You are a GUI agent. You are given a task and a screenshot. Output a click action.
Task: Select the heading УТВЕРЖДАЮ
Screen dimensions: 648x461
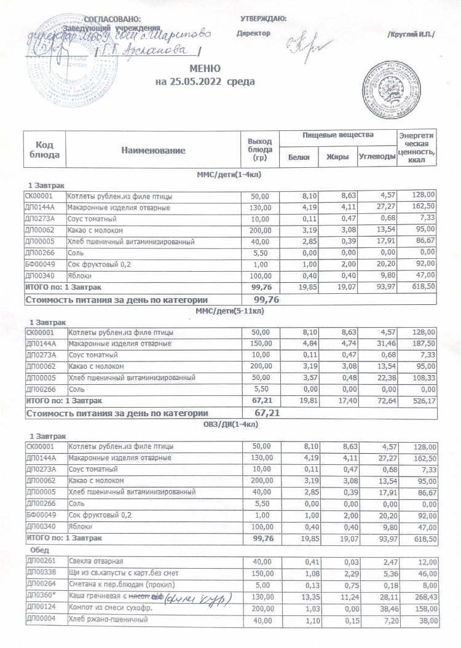point(263,19)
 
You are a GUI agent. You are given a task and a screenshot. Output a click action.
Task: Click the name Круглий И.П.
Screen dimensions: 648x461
point(411,33)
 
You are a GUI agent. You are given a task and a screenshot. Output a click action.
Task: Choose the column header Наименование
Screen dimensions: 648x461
point(153,150)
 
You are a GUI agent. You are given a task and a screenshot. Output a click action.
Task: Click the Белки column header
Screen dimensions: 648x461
point(299,157)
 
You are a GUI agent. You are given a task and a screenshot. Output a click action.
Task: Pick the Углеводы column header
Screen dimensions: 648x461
point(377,157)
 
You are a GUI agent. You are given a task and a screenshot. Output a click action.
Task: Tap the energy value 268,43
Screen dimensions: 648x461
point(423,597)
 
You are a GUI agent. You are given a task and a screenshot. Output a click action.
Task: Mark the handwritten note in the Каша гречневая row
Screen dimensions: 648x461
point(198,597)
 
